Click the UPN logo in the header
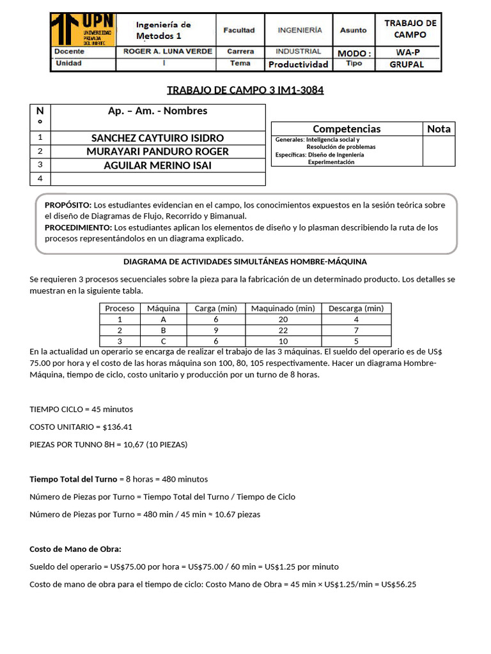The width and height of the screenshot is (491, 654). coord(82,30)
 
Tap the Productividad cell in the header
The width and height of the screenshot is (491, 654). coord(298,64)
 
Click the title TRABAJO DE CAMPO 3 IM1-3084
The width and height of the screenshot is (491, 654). coord(245,90)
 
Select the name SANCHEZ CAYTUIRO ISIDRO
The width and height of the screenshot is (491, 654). coord(157,138)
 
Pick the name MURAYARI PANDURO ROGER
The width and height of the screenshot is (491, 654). coord(157,151)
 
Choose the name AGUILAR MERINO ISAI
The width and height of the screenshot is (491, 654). coord(157,165)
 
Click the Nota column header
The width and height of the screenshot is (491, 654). coord(439,129)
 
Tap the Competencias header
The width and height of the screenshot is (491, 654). coord(347,129)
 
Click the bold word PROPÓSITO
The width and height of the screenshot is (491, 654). coord(68,205)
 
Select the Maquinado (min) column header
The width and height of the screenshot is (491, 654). coord(283,308)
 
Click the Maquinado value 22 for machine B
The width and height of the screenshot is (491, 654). coord(283,330)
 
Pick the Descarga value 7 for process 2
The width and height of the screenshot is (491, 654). coord(355,330)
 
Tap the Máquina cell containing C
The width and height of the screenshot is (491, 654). coord(163,341)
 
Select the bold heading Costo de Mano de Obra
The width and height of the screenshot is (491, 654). coord(75,549)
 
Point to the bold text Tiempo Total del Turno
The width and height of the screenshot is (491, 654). coord(74,479)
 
